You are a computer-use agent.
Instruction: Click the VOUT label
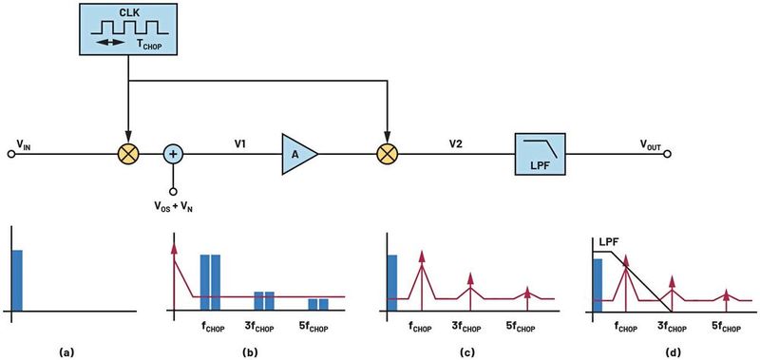(x=653, y=143)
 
